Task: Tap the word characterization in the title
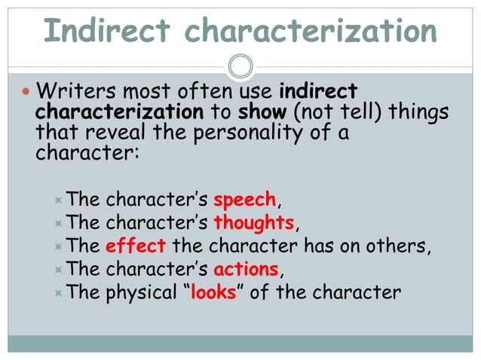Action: pyautogui.click(x=311, y=31)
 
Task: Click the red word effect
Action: pyautogui.click(x=136, y=246)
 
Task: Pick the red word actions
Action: pyautogui.click(x=247, y=269)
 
